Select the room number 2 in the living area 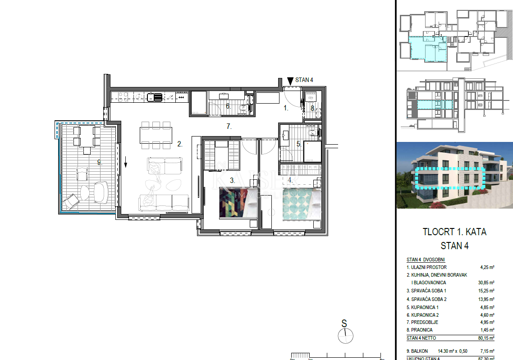coord(179,144)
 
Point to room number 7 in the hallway coord(229,127)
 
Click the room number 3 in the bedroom coord(232,180)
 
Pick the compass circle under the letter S coord(345,336)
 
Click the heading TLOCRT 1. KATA coord(454,232)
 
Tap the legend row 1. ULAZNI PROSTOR coord(426,267)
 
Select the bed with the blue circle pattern coord(301,205)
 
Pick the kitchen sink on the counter coord(157,96)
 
